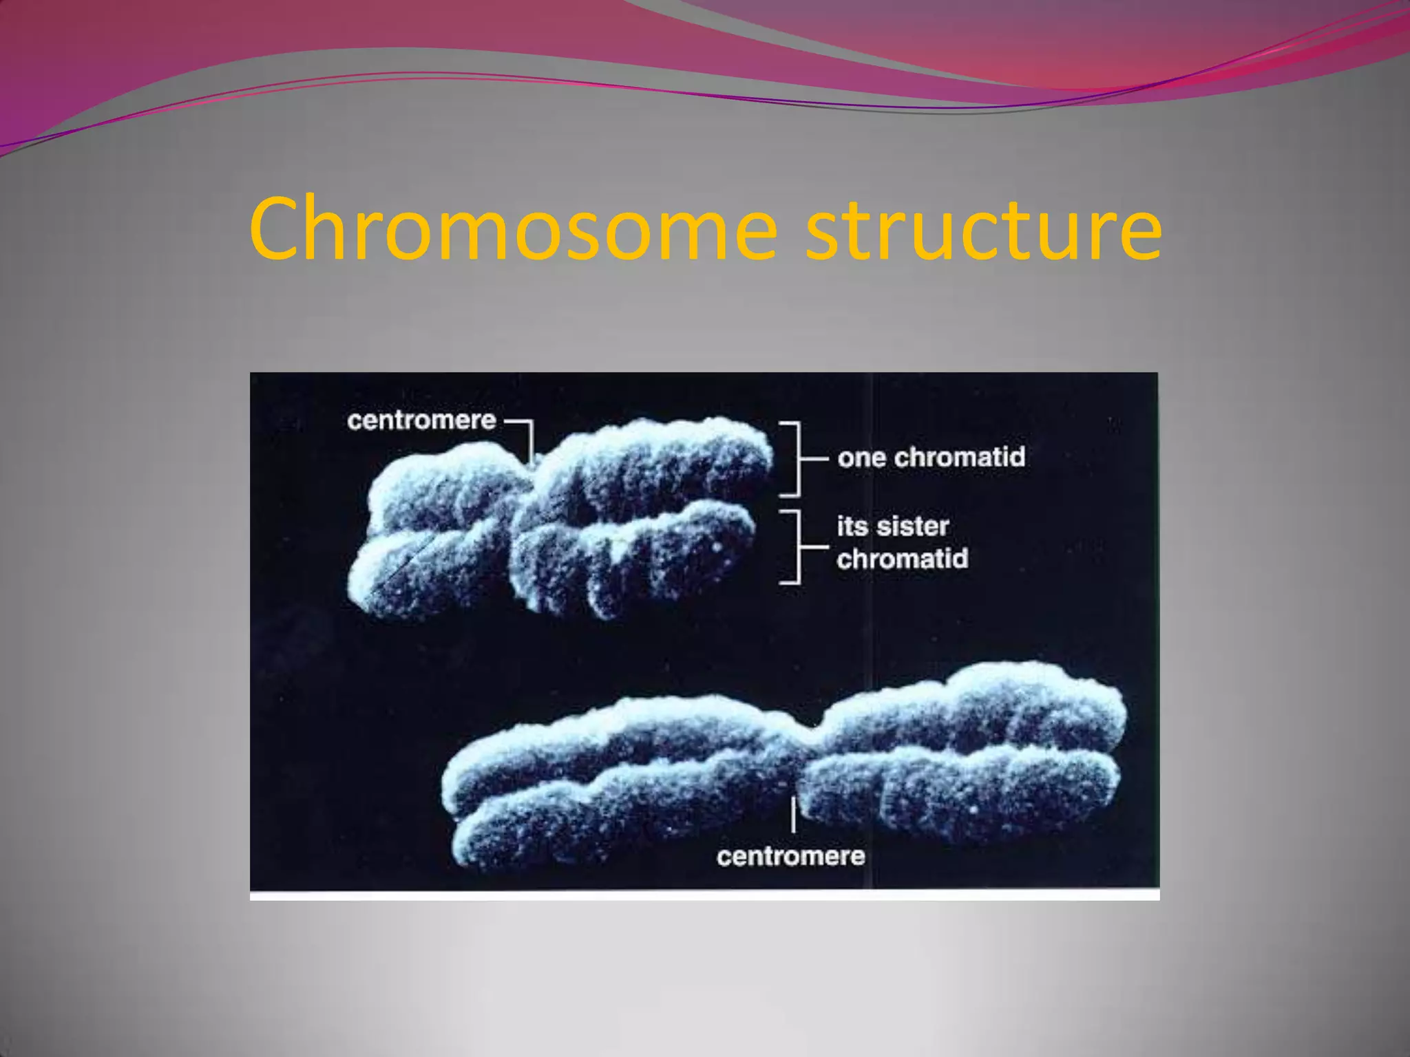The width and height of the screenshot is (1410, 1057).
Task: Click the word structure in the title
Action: tap(984, 230)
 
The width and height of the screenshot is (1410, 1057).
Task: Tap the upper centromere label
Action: tap(421, 420)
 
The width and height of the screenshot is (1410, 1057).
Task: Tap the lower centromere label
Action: tap(790, 856)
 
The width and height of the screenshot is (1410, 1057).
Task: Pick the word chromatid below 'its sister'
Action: tap(903, 559)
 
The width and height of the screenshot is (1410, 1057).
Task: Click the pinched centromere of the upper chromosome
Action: tap(527, 492)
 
